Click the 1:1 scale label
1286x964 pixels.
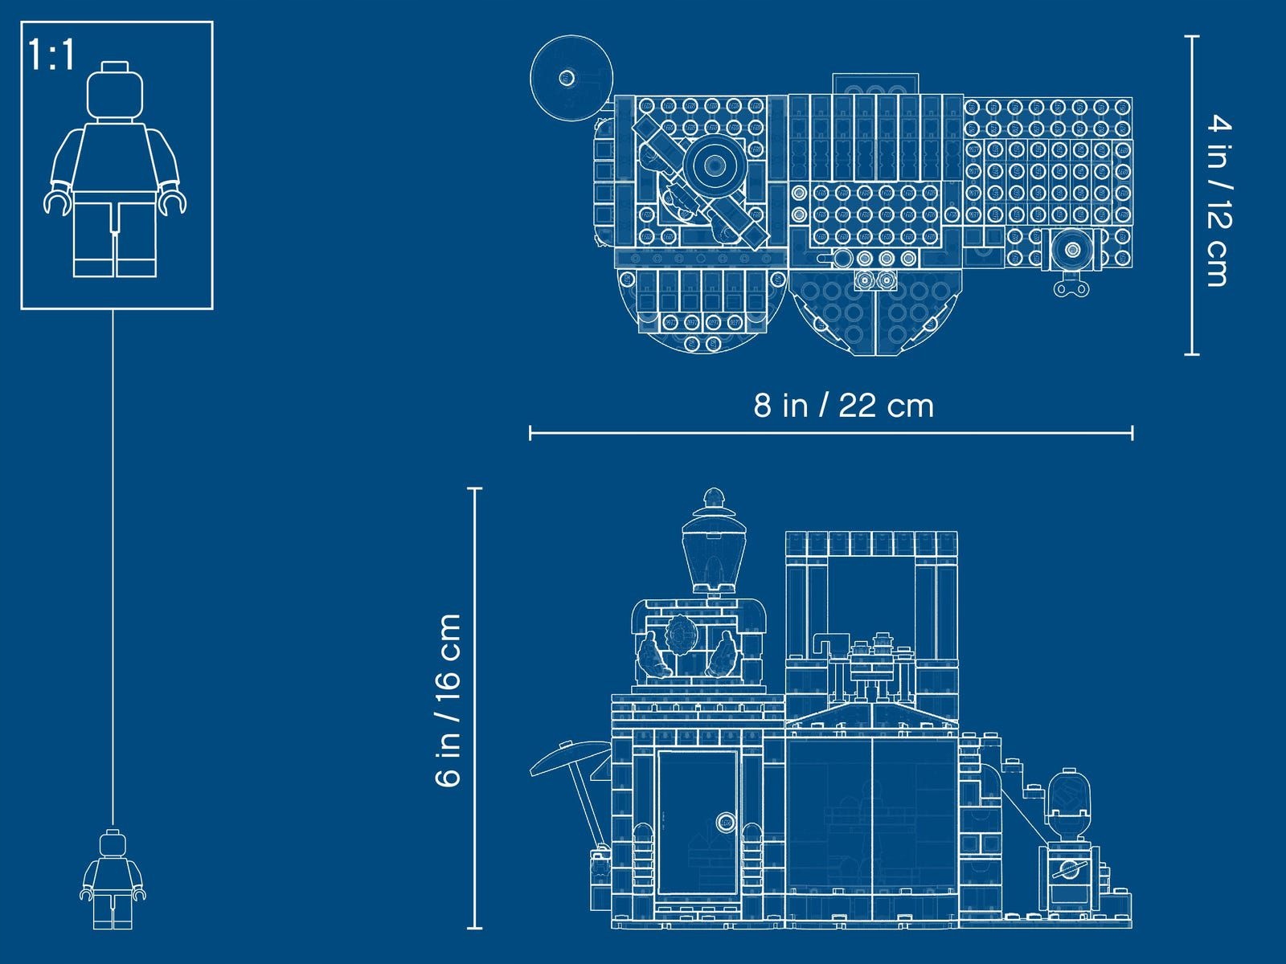click(52, 55)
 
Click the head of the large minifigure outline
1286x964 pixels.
click(115, 91)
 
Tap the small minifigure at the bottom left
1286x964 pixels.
click(113, 879)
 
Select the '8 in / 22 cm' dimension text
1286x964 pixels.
click(844, 406)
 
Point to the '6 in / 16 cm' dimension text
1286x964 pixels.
click(448, 700)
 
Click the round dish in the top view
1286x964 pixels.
click(571, 78)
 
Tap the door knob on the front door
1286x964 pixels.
click(726, 822)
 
